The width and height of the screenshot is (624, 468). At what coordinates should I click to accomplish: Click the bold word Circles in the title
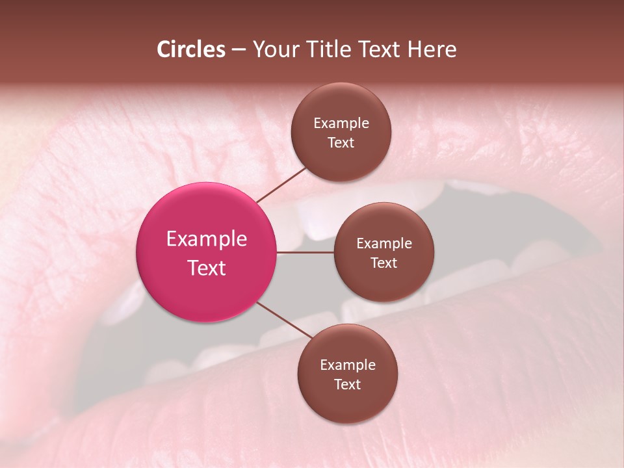pos(191,49)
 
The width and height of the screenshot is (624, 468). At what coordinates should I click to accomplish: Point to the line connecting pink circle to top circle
pos(281,185)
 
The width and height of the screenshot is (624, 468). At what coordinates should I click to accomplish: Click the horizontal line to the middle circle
pos(305,252)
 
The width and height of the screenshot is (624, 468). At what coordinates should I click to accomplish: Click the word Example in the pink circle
pos(207,239)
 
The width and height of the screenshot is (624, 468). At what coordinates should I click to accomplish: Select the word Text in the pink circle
pos(207,268)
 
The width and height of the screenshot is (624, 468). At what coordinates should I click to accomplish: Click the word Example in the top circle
pos(341,123)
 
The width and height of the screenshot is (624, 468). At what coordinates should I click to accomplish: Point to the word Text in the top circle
pos(341,142)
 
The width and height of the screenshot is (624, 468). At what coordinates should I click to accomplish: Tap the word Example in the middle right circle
pos(384,243)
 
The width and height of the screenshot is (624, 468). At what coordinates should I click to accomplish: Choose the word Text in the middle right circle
pos(384,263)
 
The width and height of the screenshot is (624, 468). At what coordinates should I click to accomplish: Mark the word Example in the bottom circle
pos(348,365)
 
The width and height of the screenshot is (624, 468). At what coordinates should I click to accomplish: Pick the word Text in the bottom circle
pos(348,384)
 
